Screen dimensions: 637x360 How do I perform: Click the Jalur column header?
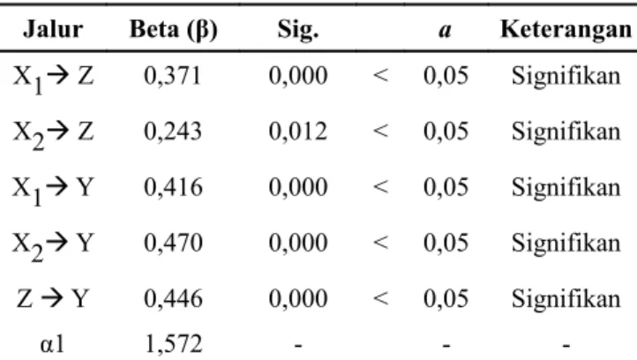point(53,29)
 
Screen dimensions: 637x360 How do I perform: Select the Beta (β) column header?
point(174,30)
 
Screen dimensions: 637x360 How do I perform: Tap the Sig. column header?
point(298,31)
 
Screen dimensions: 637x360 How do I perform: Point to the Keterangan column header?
point(566,30)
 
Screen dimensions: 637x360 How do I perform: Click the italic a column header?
point(446,31)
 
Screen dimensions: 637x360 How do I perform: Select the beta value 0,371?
point(173,76)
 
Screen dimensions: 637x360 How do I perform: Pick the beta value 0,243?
point(173,131)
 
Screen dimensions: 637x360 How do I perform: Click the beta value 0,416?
point(173,187)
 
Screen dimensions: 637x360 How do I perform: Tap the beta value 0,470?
point(173,243)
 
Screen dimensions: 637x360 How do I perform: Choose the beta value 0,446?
point(173,298)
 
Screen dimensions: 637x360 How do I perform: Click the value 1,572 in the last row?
point(174,344)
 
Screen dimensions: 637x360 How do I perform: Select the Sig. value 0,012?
point(298,131)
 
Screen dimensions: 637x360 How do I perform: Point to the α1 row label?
point(52,345)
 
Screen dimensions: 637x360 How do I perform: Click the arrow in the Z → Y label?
point(51,298)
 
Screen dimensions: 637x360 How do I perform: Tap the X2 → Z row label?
point(53,134)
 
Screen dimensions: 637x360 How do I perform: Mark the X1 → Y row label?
point(53,190)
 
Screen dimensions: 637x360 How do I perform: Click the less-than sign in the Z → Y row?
point(380,298)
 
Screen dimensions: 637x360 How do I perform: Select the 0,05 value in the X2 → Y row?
point(446,243)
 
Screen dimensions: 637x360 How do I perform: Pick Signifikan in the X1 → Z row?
point(566,76)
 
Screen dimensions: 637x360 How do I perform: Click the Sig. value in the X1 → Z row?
point(298,76)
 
